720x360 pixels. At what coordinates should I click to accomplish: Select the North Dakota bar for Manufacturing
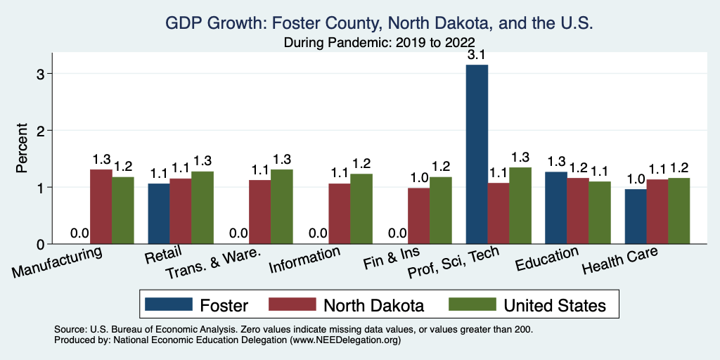pyautogui.click(x=101, y=207)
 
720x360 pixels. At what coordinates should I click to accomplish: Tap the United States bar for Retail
pyautogui.click(x=202, y=207)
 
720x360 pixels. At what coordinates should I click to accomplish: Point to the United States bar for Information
pyautogui.click(x=361, y=209)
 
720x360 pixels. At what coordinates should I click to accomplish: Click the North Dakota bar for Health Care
pyautogui.click(x=657, y=212)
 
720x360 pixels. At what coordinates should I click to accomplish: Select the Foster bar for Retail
pyautogui.click(x=159, y=214)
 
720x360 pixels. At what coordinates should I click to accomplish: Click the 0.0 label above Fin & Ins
pyautogui.click(x=397, y=233)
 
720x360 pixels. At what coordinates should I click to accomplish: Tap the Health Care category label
pyautogui.click(x=620, y=262)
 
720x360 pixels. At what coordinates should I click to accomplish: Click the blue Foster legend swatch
pyautogui.click(x=168, y=305)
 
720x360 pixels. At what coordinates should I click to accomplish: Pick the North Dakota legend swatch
pyautogui.click(x=290, y=305)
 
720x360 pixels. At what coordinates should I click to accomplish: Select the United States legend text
pyautogui.click(x=554, y=305)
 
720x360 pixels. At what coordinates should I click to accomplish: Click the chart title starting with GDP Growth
pyautogui.click(x=380, y=23)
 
